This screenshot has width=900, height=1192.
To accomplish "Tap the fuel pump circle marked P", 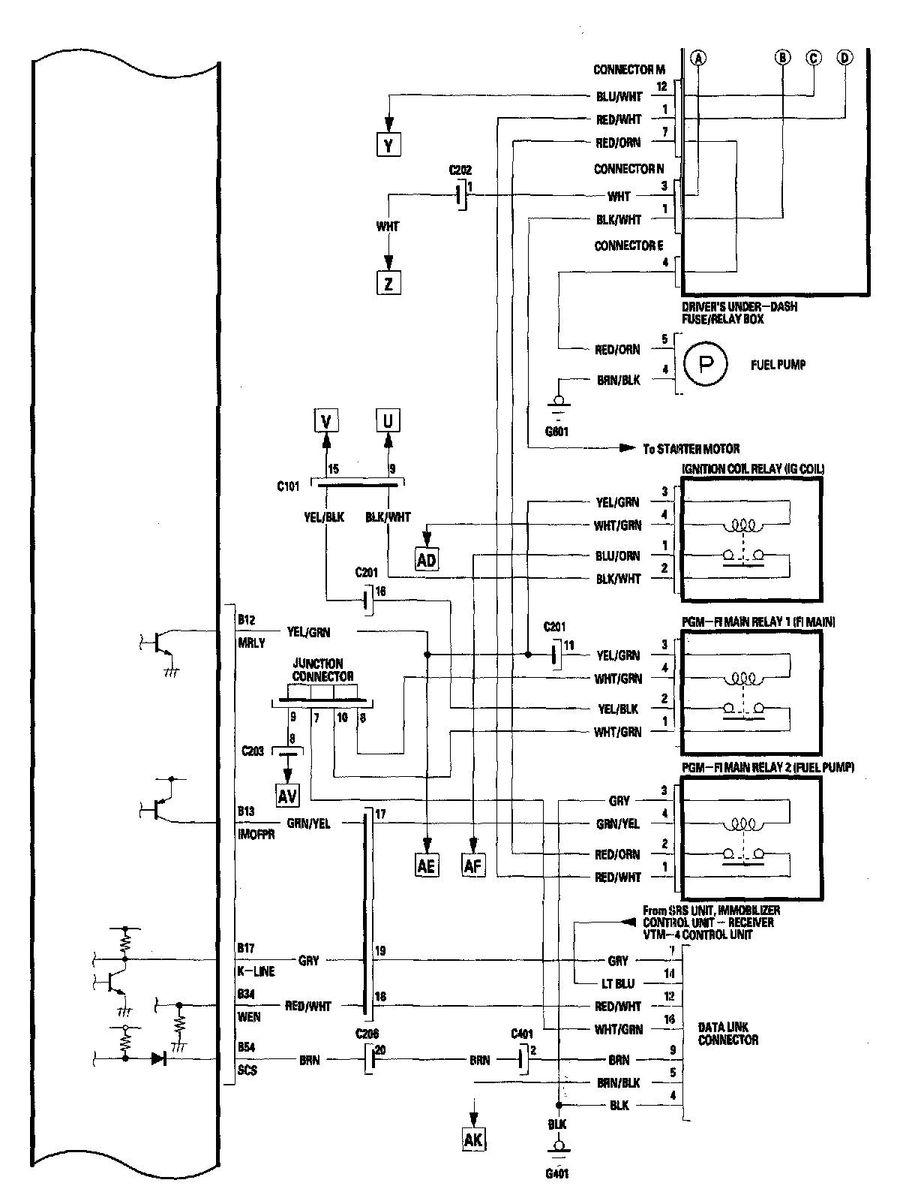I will click(705, 366).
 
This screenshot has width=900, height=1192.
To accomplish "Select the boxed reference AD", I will click(426, 560).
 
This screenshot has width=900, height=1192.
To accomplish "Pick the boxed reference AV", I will click(286, 796).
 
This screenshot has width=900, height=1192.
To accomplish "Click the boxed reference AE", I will click(426, 866).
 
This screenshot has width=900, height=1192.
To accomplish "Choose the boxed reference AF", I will click(474, 866).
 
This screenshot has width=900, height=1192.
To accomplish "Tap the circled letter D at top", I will click(844, 58).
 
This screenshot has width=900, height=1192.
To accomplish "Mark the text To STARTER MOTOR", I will click(691, 449).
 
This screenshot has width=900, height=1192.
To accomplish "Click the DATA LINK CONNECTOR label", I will click(727, 1034).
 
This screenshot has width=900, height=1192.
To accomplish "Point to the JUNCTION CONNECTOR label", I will click(318, 670).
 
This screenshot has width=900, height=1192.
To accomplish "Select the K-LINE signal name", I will click(256, 971).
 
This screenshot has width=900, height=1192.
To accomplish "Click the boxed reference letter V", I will click(325, 421).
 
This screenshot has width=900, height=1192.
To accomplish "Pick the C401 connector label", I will click(521, 1034).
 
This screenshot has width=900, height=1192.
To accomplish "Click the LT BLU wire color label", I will click(618, 983).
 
